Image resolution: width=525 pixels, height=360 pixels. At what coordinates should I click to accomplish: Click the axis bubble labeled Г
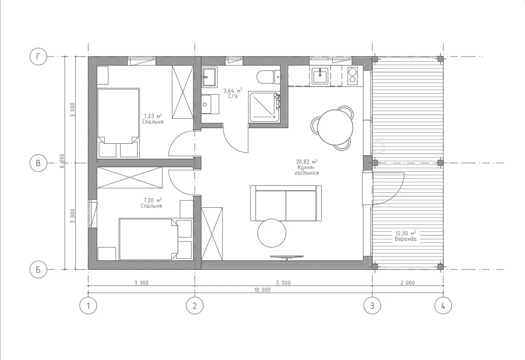[38, 57]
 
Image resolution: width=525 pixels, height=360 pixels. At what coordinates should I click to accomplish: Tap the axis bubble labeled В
[38, 163]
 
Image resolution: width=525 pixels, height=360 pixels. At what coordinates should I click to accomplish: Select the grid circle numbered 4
[443, 305]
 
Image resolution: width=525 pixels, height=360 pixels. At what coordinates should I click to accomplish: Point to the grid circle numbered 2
[194, 305]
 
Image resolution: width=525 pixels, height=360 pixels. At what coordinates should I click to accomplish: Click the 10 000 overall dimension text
[262, 290]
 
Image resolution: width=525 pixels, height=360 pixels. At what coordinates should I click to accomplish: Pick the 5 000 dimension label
[283, 283]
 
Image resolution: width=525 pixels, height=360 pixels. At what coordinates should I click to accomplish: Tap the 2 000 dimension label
[407, 283]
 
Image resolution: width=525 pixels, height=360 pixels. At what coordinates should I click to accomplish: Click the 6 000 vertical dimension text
[62, 162]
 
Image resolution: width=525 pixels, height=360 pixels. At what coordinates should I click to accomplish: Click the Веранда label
[405, 239]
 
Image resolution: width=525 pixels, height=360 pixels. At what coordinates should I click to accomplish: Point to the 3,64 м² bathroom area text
[233, 90]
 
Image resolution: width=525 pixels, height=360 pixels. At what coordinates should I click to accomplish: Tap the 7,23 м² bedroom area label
[153, 116]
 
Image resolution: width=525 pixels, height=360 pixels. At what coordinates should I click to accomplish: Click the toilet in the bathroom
[269, 77]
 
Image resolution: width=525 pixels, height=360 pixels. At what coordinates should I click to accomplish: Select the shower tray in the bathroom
[264, 107]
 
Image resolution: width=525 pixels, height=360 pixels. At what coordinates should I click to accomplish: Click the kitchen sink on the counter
[321, 76]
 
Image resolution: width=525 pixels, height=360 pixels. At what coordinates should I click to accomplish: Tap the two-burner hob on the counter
[353, 75]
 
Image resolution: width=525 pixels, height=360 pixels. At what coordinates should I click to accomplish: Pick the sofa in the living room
[286, 203]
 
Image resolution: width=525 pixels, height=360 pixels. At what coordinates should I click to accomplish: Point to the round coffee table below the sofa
[272, 233]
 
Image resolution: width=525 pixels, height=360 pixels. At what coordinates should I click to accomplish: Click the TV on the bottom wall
[287, 257]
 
